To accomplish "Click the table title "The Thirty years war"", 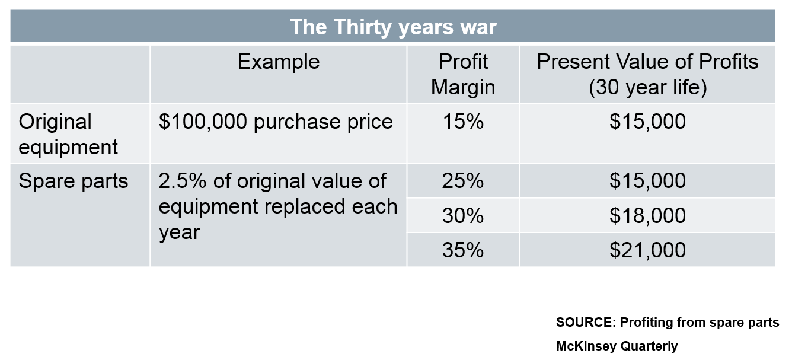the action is click(x=393, y=27).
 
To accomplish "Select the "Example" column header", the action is click(x=279, y=62).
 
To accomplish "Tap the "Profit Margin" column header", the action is click(x=463, y=74).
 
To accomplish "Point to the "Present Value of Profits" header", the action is click(x=647, y=62).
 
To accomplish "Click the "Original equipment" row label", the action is click(x=68, y=135).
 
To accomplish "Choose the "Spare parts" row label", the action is click(x=73, y=181).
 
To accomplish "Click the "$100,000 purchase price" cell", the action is click(x=276, y=122).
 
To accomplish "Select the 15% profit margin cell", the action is click(x=463, y=122).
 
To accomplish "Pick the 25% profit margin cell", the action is click(x=463, y=181).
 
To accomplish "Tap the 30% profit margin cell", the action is click(x=463, y=215).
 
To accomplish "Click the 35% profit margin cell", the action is click(x=463, y=250).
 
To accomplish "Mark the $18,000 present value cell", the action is click(x=648, y=216).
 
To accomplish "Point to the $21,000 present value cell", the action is click(x=648, y=250).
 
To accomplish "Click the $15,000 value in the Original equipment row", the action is click(x=648, y=122).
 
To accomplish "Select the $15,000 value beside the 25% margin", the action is click(x=648, y=181).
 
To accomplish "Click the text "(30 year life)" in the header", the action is click(x=648, y=87).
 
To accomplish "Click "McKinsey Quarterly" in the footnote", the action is click(x=617, y=346).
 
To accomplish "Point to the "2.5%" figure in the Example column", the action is click(x=183, y=181).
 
